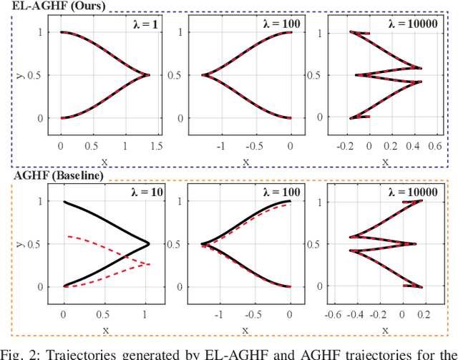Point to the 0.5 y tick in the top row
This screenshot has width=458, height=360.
(x=43, y=75)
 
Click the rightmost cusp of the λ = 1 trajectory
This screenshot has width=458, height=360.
(x=149, y=74)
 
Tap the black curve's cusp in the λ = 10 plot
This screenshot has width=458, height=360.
(x=148, y=243)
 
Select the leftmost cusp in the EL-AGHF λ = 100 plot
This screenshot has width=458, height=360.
(x=203, y=74)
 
